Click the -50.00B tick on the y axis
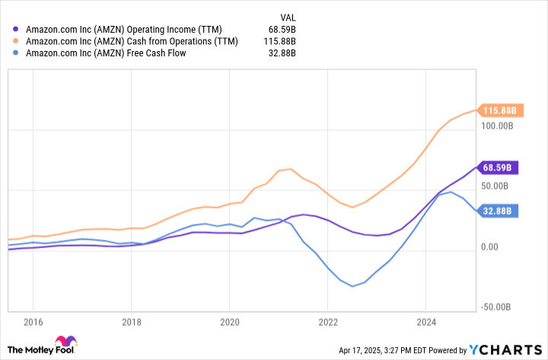pos(499,307)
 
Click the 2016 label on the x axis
pos(33,321)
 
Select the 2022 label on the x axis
pos(328,321)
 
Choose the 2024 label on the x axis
pos(426,321)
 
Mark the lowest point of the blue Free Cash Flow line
pos(352,286)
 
